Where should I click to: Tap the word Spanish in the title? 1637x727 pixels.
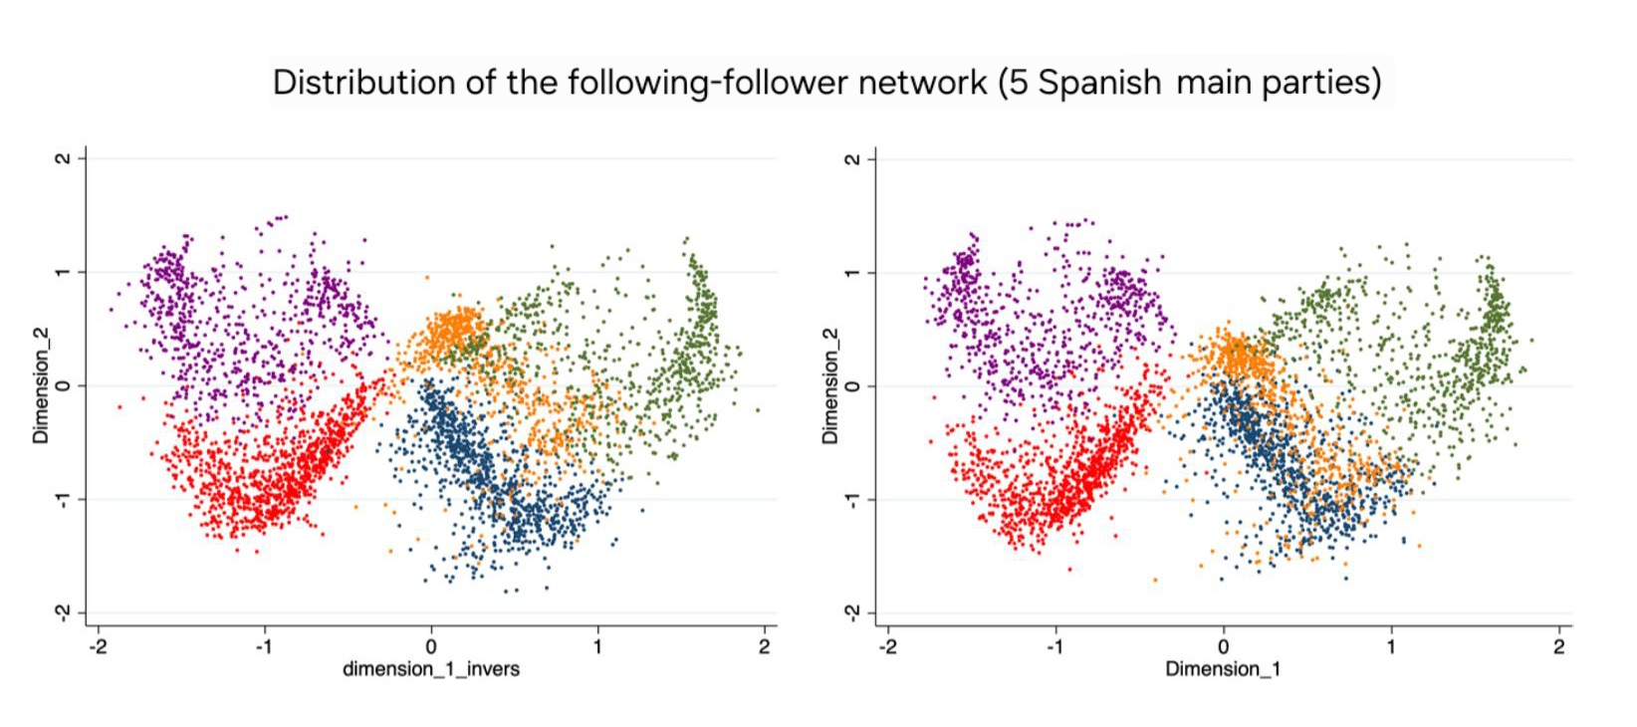tap(1099, 82)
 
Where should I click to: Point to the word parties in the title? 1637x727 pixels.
tap(1321, 82)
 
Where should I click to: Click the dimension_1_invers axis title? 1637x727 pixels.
tap(431, 668)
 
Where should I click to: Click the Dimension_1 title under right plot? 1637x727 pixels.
tap(1223, 668)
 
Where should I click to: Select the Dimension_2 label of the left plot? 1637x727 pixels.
tap(41, 385)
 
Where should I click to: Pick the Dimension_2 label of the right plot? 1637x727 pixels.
tap(830, 385)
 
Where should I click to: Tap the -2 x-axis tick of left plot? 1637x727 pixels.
tap(98, 646)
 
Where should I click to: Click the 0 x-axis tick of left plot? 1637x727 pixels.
tap(431, 646)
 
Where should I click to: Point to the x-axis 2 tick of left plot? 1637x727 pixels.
tap(765, 646)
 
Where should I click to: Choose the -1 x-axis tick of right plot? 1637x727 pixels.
tap(1055, 646)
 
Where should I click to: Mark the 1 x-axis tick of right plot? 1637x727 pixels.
tap(1391, 646)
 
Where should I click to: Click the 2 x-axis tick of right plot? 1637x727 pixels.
tap(1559, 646)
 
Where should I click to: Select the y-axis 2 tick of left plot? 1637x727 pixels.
tap(64, 158)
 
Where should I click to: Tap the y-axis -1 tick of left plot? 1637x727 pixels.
tap(64, 499)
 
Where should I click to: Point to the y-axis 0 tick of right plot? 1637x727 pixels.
tap(853, 385)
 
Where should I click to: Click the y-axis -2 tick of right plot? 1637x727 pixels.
tap(853, 612)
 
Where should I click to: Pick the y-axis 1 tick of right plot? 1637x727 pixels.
tap(853, 272)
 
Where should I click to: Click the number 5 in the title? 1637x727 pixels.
tap(1018, 82)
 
